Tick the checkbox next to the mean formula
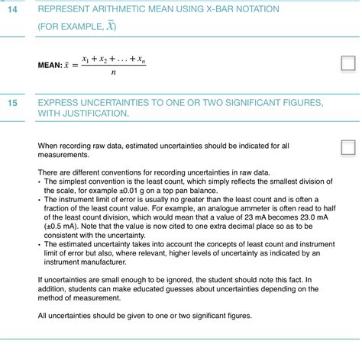(x=347, y=63)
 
